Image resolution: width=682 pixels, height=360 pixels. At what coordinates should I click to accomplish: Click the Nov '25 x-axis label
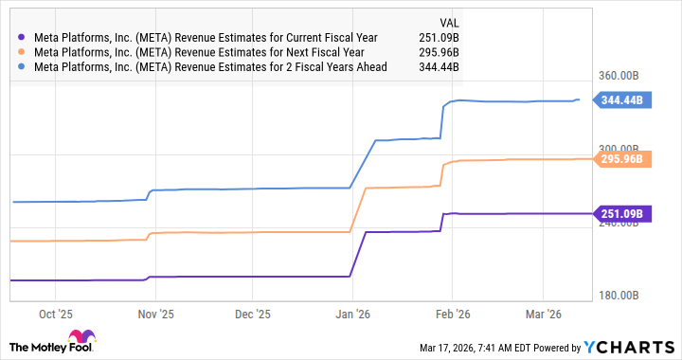point(156,313)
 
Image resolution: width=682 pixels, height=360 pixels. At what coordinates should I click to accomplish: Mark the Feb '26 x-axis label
point(452,313)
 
